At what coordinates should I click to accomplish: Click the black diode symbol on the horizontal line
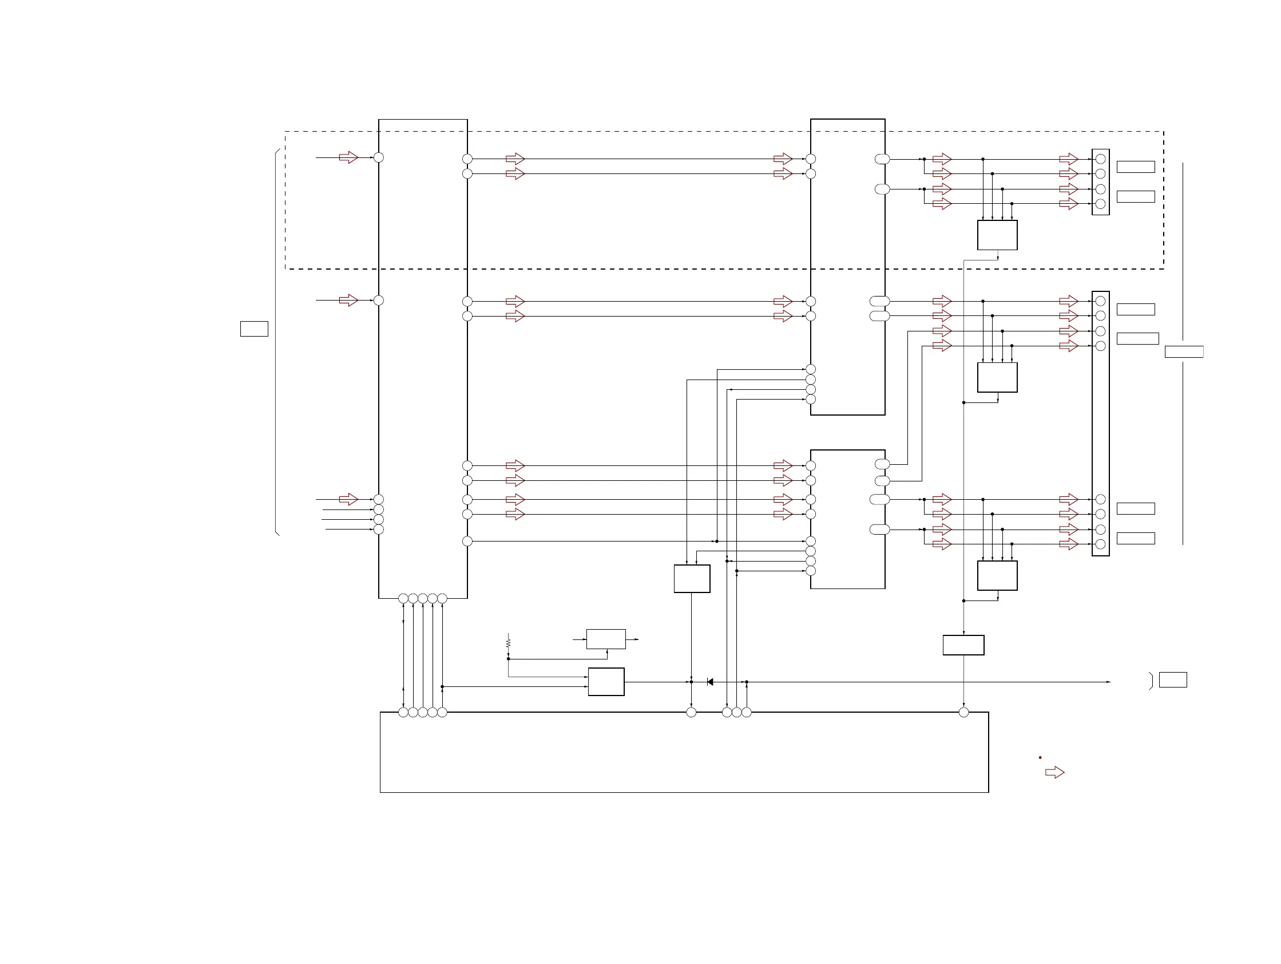(710, 682)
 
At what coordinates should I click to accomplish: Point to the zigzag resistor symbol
(508, 643)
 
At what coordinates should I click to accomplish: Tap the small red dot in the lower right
(1040, 757)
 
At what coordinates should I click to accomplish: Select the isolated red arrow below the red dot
(1054, 772)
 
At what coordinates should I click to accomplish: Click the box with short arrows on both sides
(606, 639)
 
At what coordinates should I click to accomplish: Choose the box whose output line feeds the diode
(606, 681)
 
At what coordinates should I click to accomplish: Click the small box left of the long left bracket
(254, 329)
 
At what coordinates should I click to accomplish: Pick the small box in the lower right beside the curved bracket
(1173, 679)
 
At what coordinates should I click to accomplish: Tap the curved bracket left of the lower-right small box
(1151, 681)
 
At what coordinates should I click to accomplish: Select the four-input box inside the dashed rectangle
(997, 235)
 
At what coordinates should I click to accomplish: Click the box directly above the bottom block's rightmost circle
(963, 645)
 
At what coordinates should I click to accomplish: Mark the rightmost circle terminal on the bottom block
(963, 712)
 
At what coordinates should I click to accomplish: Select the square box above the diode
(692, 578)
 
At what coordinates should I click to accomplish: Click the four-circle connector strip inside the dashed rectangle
(1100, 182)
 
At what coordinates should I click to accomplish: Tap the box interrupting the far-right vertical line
(1184, 351)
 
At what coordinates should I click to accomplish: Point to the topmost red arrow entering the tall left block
(348, 157)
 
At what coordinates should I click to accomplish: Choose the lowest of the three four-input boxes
(997, 575)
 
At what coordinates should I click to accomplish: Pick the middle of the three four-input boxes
(997, 377)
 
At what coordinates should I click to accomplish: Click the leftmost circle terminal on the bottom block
(403, 712)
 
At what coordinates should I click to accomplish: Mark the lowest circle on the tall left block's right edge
(467, 541)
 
